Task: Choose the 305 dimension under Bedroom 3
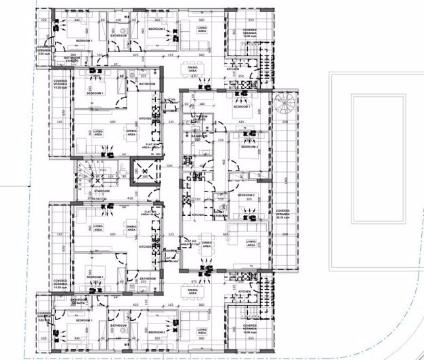click(249, 200)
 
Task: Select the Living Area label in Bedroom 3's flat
click(251, 242)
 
